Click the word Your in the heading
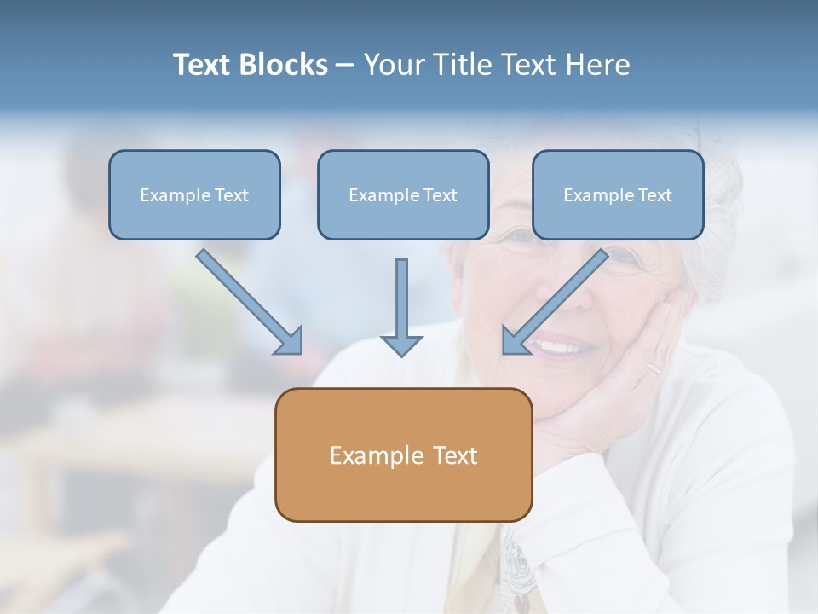pyautogui.click(x=395, y=65)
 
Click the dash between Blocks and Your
pyautogui.click(x=345, y=66)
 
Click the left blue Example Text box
pyautogui.click(x=194, y=195)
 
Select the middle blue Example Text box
pyautogui.click(x=403, y=195)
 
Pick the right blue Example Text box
pyautogui.click(x=618, y=195)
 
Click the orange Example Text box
pyautogui.click(x=403, y=455)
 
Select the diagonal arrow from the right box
pyautogui.click(x=558, y=298)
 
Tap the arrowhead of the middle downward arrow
pyautogui.click(x=401, y=345)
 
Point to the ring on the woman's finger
pyautogui.click(x=652, y=368)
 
